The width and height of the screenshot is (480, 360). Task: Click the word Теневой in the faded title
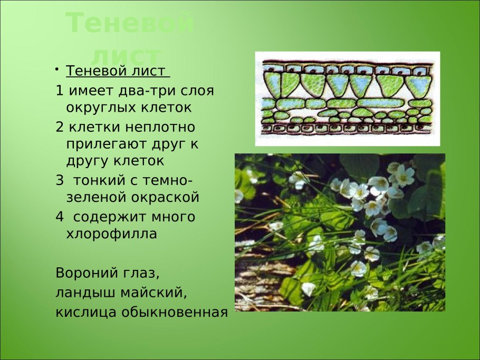click(x=130, y=24)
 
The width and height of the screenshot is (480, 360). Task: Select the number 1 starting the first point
click(x=59, y=90)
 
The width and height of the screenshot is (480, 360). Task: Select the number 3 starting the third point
click(x=59, y=180)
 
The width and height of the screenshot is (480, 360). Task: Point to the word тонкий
click(x=97, y=180)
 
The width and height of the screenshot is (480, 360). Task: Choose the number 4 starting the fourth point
click(x=59, y=217)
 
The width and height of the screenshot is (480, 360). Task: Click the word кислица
click(x=86, y=312)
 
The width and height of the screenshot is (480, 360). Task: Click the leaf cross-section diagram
click(x=347, y=99)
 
